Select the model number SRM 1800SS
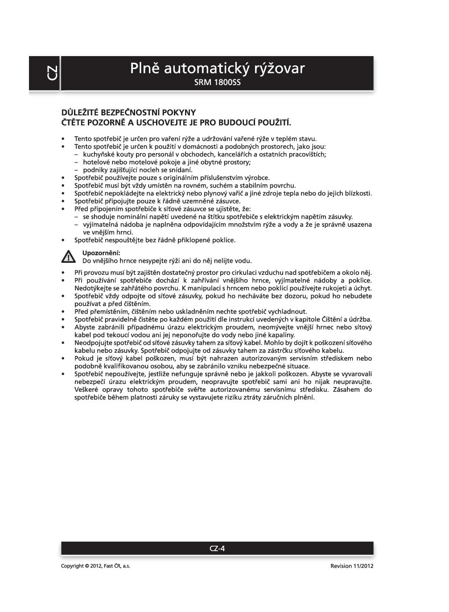[217, 83]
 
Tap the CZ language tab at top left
[52, 73]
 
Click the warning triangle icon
[68, 257]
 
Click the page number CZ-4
[217, 548]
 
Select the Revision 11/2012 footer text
[352, 566]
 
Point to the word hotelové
[97, 162]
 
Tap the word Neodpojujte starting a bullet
[91, 343]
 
